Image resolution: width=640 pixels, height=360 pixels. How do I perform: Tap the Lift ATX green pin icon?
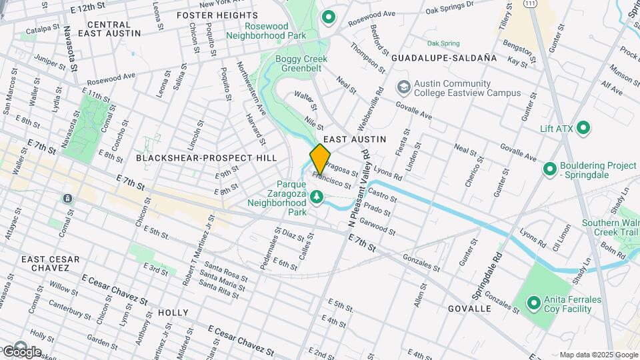click(x=583, y=127)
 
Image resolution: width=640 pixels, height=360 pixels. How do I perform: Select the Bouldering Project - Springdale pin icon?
click(x=550, y=169)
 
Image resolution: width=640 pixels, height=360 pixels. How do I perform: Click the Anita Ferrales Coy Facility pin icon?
click(x=533, y=303)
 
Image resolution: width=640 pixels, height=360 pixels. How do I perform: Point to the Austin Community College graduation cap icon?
click(x=403, y=87)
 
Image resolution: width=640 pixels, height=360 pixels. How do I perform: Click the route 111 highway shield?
click(x=530, y=4)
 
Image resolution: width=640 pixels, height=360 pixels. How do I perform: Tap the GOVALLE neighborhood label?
click(x=469, y=309)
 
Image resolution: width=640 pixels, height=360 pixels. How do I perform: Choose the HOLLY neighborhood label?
click(x=173, y=312)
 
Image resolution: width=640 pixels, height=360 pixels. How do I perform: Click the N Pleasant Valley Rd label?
click(x=357, y=190)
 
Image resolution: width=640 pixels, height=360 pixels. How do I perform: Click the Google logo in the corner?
click(x=21, y=351)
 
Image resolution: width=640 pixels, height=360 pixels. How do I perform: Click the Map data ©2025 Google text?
click(x=598, y=355)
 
